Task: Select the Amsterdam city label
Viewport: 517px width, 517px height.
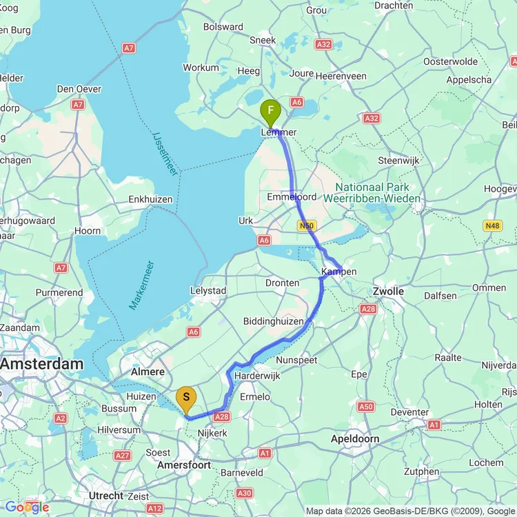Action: (x=41, y=363)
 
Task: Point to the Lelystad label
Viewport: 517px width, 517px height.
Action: (x=207, y=291)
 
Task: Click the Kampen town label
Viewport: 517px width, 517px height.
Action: (x=339, y=272)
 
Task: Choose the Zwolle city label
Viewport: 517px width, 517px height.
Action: (x=388, y=292)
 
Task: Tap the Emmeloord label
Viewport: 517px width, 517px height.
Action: (x=292, y=197)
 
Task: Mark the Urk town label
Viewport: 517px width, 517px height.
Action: (x=245, y=221)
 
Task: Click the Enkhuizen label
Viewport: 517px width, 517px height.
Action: (x=150, y=199)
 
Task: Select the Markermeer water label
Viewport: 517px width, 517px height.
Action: (x=141, y=285)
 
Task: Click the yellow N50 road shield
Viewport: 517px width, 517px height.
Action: (x=307, y=225)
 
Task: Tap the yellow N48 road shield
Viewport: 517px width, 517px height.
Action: (x=492, y=225)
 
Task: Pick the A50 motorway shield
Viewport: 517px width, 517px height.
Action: (x=365, y=407)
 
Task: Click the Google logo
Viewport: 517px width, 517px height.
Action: (x=27, y=507)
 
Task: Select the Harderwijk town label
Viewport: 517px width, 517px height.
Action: (x=256, y=376)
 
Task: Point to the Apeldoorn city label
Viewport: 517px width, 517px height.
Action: (x=355, y=438)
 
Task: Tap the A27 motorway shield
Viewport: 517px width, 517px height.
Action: (x=122, y=455)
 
